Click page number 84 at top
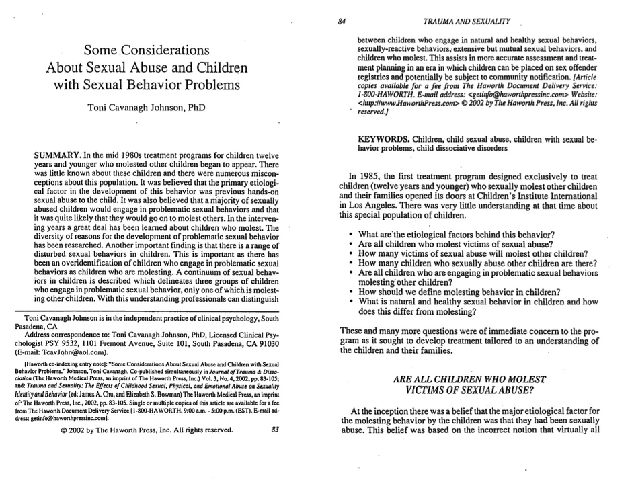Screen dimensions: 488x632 tap(342, 21)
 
